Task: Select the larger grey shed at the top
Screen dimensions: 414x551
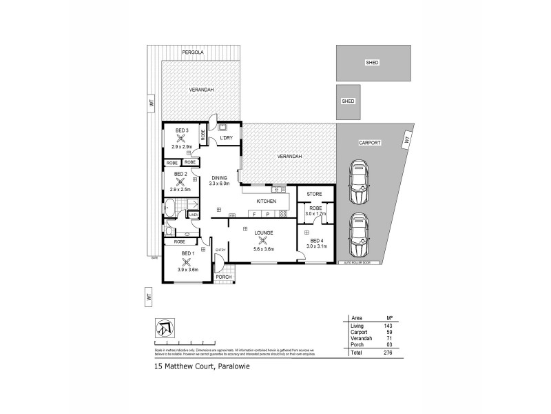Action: pyautogui.click(x=373, y=63)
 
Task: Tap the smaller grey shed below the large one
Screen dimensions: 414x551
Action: pyautogui.click(x=349, y=101)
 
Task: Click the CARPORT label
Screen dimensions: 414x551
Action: pyautogui.click(x=370, y=143)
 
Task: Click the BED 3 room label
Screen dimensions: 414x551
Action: pyautogui.click(x=182, y=130)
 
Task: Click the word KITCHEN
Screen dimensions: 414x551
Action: pyautogui.click(x=267, y=201)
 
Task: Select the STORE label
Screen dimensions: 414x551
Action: pyautogui.click(x=315, y=194)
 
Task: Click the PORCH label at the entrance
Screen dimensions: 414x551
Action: pyautogui.click(x=225, y=277)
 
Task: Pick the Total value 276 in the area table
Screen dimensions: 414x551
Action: pyautogui.click(x=386, y=352)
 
